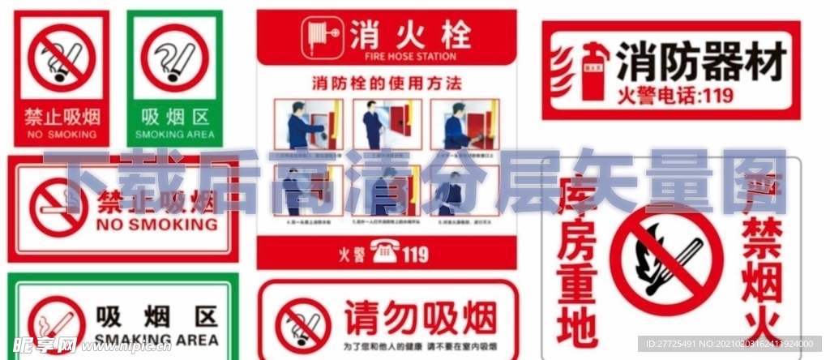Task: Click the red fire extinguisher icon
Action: [x=596, y=71]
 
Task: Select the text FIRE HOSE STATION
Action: [x=412, y=57]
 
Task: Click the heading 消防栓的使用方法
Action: [x=386, y=83]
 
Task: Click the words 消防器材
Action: [x=701, y=62]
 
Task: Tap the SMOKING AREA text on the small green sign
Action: [x=174, y=135]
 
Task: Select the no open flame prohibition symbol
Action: [x=666, y=259]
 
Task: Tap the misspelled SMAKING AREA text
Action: [x=156, y=338]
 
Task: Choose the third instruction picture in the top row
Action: [x=464, y=125]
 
